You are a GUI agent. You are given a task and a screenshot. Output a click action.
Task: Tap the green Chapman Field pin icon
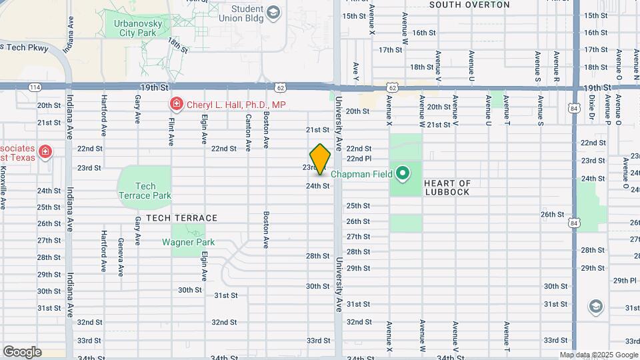click(x=402, y=175)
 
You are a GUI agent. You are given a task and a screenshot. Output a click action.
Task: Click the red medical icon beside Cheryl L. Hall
click(x=175, y=104)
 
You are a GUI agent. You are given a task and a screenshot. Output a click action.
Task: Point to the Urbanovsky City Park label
click(x=139, y=27)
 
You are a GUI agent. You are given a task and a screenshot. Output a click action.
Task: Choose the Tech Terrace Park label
click(x=145, y=191)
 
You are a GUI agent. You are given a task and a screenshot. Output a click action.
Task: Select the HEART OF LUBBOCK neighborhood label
click(x=447, y=187)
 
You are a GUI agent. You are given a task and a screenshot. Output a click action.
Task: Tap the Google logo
click(x=21, y=351)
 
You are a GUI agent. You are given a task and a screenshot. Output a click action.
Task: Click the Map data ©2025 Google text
click(x=599, y=355)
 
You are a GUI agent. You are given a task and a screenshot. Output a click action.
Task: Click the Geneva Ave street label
click(x=121, y=257)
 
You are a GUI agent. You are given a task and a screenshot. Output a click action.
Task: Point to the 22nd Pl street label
click(x=359, y=159)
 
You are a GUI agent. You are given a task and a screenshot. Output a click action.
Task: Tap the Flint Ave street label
click(x=171, y=130)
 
